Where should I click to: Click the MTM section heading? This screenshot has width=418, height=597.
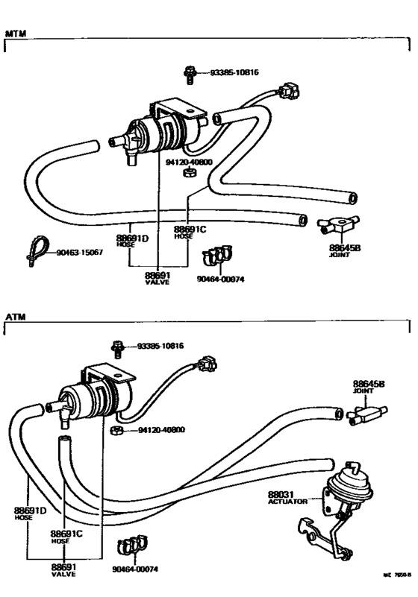coord(16,34)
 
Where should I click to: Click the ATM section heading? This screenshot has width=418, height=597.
coord(15,317)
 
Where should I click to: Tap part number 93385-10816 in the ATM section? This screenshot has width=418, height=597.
coord(160,347)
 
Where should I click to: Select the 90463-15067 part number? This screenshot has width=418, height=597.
coord(78,253)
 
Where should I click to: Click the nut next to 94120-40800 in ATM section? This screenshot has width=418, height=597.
coord(116,431)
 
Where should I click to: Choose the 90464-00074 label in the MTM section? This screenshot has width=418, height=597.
coord(220,279)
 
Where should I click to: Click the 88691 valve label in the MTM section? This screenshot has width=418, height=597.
coord(157,278)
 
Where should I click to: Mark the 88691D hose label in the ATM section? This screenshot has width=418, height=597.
coord(30,513)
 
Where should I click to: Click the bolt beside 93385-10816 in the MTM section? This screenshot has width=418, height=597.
coord(190,73)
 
